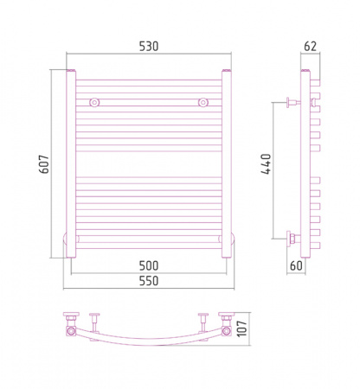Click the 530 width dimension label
tap(149, 47)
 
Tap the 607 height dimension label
tap(44, 164)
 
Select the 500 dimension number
tap(149, 265)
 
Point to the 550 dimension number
tap(149, 281)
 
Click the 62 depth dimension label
tap(311, 47)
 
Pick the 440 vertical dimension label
tap(266, 164)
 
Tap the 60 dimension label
tap(296, 265)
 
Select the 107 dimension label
tap(241, 328)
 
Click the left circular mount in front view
tap(94, 102)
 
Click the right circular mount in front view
tap(203, 102)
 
